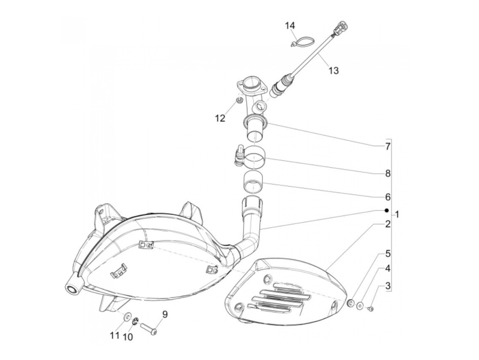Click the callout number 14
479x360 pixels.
[x=290, y=26]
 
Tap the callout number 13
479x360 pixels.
[x=333, y=70]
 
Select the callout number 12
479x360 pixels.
[x=220, y=118]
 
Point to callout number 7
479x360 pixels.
[x=387, y=146]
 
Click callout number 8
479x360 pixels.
[x=387, y=173]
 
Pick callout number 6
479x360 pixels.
[x=387, y=197]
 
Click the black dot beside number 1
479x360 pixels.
[x=386, y=210]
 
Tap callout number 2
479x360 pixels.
[x=387, y=224]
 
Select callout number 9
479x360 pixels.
[x=165, y=314]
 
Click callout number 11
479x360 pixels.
[x=115, y=335]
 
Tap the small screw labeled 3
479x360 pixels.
[x=370, y=309]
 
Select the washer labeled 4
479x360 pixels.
[x=360, y=306]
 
